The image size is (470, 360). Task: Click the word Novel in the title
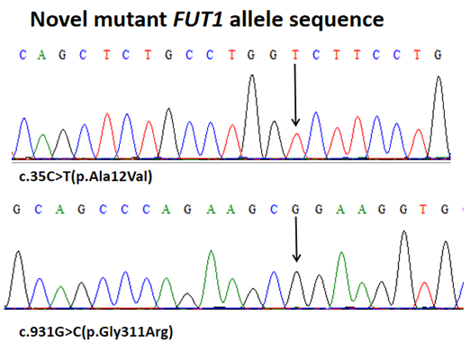click(59, 19)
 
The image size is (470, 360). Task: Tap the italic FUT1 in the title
click(198, 19)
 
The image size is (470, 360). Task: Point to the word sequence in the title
click(336, 21)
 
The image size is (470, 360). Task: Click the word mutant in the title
click(131, 20)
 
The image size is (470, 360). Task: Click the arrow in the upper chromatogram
click(295, 94)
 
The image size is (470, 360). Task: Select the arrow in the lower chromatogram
click(296, 239)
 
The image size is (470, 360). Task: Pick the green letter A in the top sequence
click(41, 55)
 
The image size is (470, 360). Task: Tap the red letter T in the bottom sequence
click(423, 209)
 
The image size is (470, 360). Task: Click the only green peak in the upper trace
click(43, 146)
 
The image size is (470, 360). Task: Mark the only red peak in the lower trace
click(424, 294)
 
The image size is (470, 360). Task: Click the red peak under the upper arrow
click(296, 145)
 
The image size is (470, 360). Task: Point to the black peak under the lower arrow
click(296, 289)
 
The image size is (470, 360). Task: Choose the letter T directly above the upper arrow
click(295, 55)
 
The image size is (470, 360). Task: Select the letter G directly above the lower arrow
click(295, 209)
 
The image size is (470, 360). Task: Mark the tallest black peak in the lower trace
click(404, 268)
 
